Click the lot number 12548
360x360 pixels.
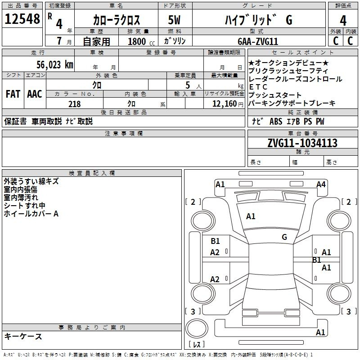pyautogui.click(x=22, y=19)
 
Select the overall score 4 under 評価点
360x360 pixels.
pyautogui.click(x=343, y=21)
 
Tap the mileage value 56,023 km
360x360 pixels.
pyautogui.click(x=55, y=65)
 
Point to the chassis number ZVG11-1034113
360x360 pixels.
pyautogui.click(x=302, y=143)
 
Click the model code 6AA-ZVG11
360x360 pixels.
pyautogui.click(x=258, y=41)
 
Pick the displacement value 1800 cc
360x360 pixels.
pyautogui.click(x=141, y=41)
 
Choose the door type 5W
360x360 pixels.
pyautogui.click(x=174, y=20)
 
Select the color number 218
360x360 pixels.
pyautogui.click(x=75, y=104)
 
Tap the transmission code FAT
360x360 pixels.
pyautogui.click(x=13, y=94)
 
